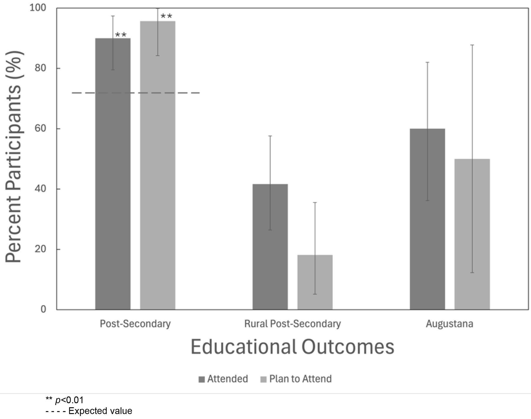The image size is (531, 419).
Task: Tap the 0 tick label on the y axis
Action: click(x=43, y=309)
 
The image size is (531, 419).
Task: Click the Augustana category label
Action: click(x=449, y=324)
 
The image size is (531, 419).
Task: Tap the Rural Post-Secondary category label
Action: click(x=292, y=324)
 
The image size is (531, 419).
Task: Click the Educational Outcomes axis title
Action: click(x=292, y=347)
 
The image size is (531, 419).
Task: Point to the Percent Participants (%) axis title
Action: click(x=14, y=156)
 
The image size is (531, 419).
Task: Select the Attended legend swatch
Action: click(x=202, y=379)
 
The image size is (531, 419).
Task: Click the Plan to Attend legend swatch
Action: click(x=264, y=379)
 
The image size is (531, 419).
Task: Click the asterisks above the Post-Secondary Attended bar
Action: click(x=121, y=35)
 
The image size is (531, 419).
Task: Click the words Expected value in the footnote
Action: click(x=100, y=411)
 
